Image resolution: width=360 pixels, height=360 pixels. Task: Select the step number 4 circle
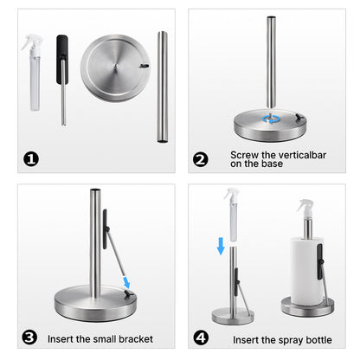201,337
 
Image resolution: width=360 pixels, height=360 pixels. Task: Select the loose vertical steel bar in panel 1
162,87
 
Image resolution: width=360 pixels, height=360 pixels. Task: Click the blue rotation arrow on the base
273,119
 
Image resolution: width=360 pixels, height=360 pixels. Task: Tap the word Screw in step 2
243,155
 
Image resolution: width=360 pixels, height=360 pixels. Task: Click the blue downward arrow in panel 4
221,247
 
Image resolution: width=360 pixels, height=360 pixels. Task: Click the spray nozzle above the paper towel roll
305,208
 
